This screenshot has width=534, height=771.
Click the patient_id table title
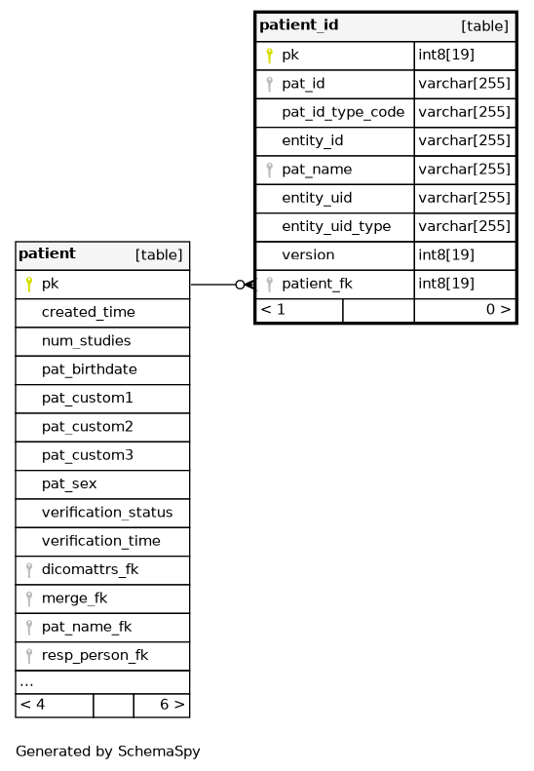coord(298,25)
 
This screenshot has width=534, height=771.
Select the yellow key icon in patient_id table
coord(269,55)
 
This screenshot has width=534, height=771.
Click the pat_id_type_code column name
coord(343,113)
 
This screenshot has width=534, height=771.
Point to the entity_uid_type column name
coord(336,227)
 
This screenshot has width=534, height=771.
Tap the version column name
coord(308,254)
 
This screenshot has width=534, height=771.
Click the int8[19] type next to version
coord(446,254)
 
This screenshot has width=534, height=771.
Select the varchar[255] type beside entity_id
coord(464,140)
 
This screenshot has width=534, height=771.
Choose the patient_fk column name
coord(317,284)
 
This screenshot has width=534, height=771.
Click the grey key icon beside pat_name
coord(269,170)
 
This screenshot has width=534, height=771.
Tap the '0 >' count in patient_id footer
coord(498,309)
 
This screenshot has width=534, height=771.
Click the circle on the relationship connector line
coord(240,285)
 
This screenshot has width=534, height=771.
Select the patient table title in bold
coord(47,253)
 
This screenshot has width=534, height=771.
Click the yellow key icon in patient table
coord(29,285)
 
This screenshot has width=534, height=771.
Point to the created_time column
coord(88,312)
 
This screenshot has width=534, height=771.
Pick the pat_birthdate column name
coord(89,369)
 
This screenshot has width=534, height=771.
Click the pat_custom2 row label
coord(87,427)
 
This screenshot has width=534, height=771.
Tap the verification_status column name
coord(107,513)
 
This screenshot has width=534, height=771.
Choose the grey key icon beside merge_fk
coord(29,598)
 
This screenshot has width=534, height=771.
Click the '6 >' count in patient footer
coord(172,705)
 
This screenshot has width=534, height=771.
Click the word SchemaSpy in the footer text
coord(159,752)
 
